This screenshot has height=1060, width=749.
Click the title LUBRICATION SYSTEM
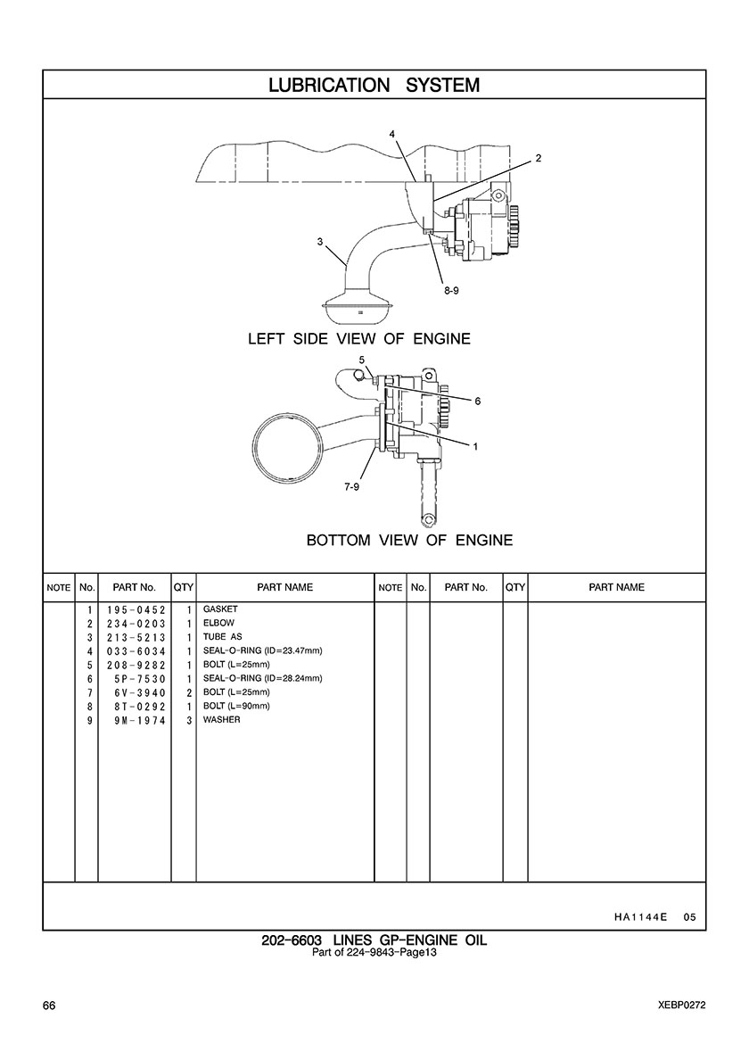point(374,85)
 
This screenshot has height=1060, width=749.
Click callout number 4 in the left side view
point(391,134)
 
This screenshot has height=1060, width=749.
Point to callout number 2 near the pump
point(539,158)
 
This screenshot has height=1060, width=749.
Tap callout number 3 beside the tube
point(320,241)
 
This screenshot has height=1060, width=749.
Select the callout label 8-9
point(451,291)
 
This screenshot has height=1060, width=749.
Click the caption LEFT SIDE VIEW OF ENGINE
point(359,339)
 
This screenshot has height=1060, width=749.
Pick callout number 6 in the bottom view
point(478,401)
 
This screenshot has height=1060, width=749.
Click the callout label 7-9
point(352,487)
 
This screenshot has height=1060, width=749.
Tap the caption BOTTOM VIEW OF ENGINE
point(410,540)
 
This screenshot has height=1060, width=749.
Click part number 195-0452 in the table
point(136,609)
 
